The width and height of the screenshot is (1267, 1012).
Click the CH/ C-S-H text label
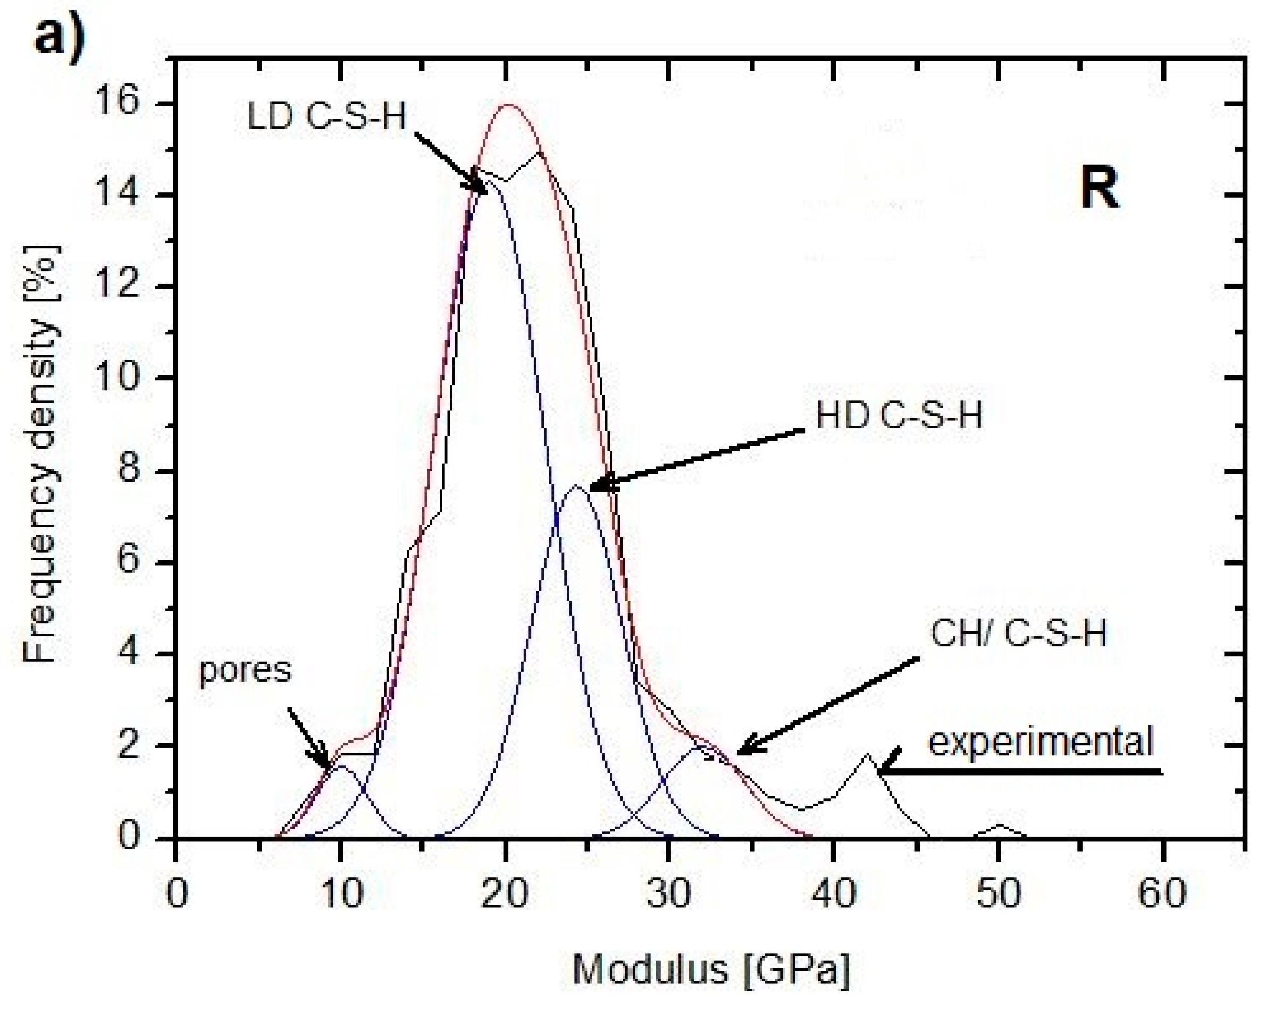pyautogui.click(x=1018, y=634)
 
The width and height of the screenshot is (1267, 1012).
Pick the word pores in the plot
pyautogui.click(x=245, y=670)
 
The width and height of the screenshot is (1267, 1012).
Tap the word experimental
pyautogui.click(x=1041, y=742)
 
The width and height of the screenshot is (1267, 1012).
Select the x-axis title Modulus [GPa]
pyautogui.click(x=710, y=968)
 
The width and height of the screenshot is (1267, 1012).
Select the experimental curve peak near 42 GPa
pyautogui.click(x=867, y=755)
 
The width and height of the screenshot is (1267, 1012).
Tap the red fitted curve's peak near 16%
pyautogui.click(x=509, y=106)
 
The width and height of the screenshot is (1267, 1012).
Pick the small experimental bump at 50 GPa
pyautogui.click(x=999, y=826)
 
